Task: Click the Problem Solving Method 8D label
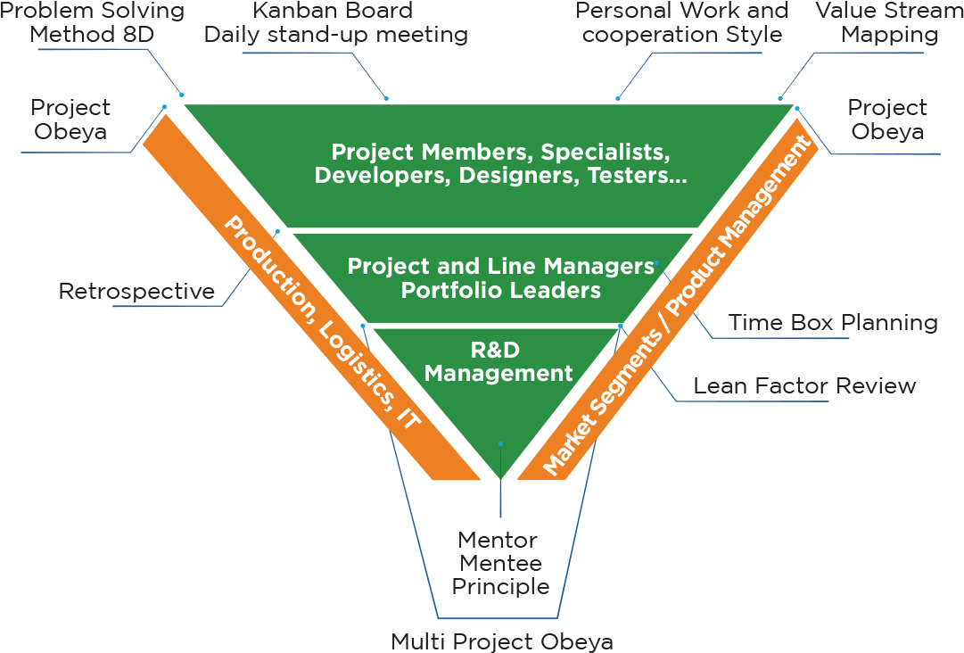93,23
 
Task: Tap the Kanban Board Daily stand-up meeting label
335,23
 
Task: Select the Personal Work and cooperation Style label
682,23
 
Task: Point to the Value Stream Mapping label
890,23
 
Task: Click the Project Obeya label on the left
70,120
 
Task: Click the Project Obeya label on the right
887,120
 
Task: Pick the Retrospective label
136,291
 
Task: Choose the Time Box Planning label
833,322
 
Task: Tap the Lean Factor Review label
804,385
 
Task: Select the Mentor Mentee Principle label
499,563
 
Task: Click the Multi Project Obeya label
502,641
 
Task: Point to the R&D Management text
498,361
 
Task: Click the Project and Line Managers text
500,266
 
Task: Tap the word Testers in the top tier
637,175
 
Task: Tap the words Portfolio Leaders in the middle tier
500,290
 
